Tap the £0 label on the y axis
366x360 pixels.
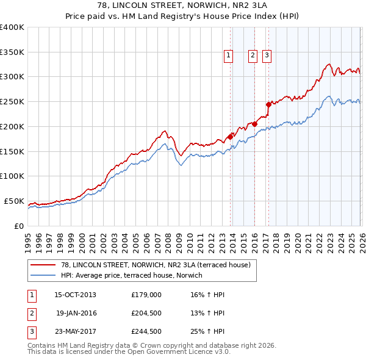tap(18, 226)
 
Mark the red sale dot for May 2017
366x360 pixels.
tap(268, 104)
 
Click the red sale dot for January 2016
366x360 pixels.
tap(254, 124)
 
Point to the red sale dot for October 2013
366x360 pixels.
tap(230, 137)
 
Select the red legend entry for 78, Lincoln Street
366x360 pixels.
tap(156, 264)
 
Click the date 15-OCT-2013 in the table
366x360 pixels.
tap(75, 295)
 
